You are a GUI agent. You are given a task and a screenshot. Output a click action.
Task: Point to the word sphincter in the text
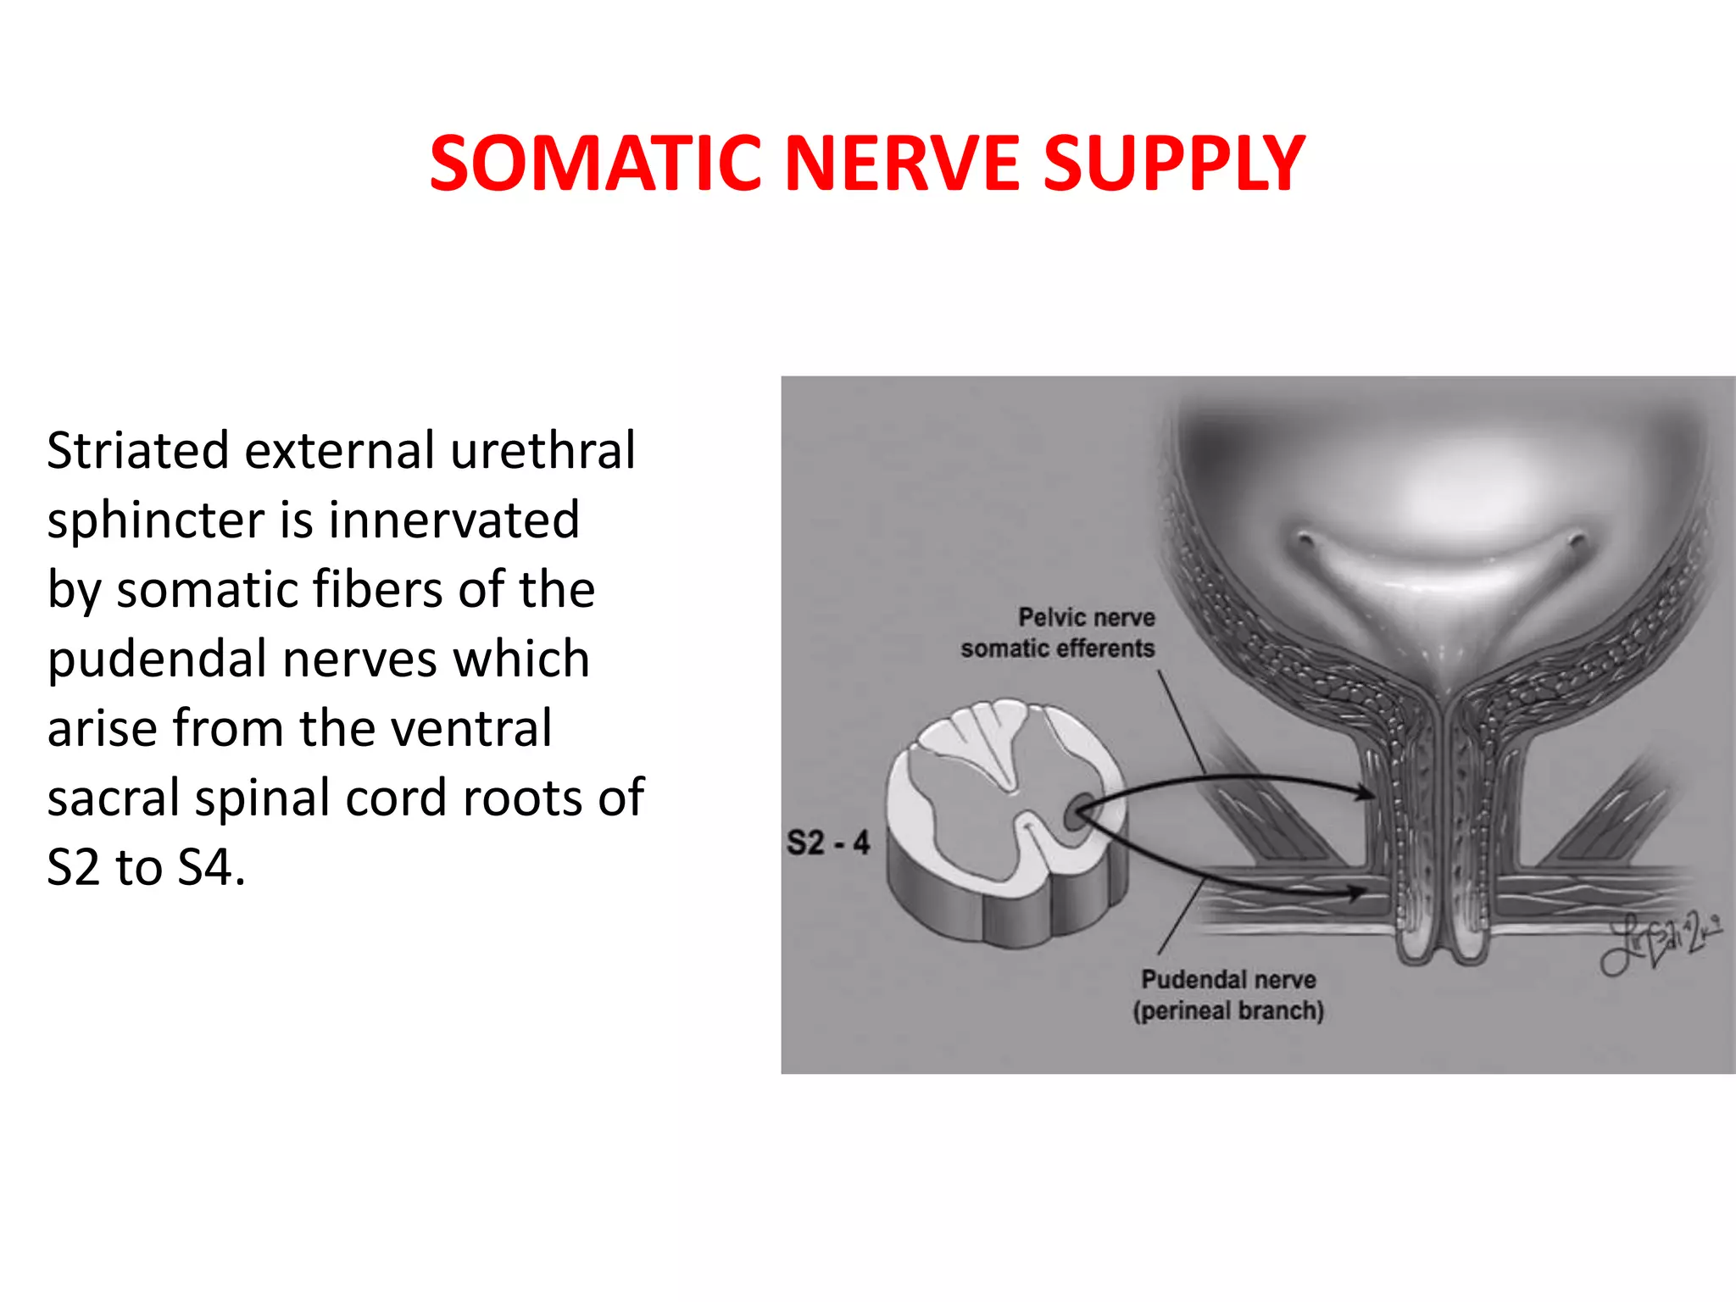click(x=156, y=520)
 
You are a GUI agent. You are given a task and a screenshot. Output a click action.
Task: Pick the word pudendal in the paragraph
click(x=156, y=659)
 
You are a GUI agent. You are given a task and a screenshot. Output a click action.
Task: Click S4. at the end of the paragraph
click(x=211, y=867)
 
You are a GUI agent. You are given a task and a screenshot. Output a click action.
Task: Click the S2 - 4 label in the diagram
click(x=827, y=843)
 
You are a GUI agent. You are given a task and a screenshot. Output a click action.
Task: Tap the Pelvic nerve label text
click(x=1086, y=617)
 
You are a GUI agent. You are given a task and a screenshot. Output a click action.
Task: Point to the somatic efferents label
click(x=1057, y=648)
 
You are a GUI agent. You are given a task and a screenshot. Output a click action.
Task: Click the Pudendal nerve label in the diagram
click(x=1228, y=979)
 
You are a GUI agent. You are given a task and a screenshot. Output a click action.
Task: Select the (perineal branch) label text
click(x=1228, y=1010)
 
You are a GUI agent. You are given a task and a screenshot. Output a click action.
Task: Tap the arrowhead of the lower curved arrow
click(x=1356, y=893)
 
